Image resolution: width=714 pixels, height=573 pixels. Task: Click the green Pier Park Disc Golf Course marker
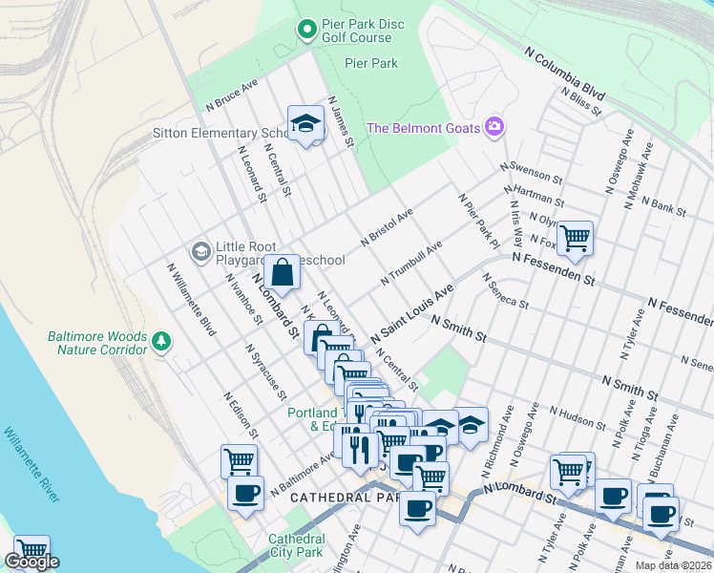306,31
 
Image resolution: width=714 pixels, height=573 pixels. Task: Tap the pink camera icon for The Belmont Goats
493,126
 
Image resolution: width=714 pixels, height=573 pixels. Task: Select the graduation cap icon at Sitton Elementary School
304,124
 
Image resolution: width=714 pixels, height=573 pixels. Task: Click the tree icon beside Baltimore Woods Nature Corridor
161,340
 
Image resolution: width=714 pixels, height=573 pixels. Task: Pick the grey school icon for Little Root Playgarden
200,251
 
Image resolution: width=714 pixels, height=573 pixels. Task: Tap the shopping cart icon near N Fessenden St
575,238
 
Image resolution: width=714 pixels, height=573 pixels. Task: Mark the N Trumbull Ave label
410,263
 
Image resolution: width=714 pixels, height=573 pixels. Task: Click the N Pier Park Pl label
478,217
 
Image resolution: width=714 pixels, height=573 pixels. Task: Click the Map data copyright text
673,564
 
